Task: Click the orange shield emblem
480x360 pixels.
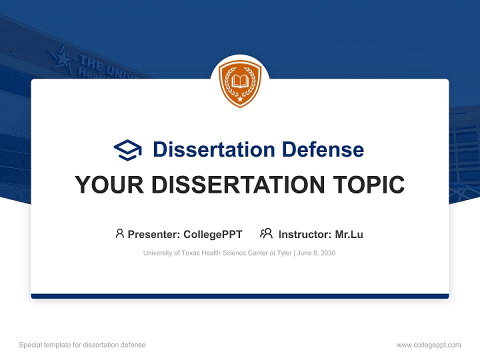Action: click(240, 83)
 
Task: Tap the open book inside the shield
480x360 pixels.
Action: click(240, 81)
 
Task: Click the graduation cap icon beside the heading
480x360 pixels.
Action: click(127, 150)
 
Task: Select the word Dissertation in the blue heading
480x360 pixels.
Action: click(213, 149)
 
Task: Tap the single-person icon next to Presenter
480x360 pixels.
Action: click(119, 233)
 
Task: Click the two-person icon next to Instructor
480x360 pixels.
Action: click(266, 233)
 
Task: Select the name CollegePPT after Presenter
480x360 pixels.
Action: click(213, 234)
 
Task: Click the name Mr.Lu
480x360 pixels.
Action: click(349, 234)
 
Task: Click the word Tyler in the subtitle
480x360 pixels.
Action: click(284, 253)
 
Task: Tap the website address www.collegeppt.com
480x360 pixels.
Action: click(428, 345)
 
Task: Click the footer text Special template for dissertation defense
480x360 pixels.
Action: click(82, 345)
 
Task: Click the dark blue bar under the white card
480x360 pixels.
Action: click(240, 296)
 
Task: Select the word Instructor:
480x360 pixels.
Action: click(304, 234)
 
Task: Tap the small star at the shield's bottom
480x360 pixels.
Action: click(240, 99)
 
